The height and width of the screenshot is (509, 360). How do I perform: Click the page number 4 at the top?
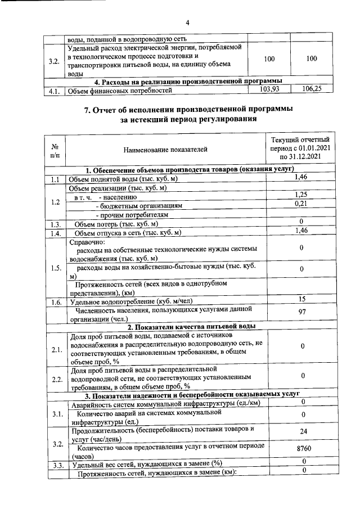click(188, 22)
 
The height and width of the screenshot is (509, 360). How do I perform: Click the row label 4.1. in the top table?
click(55, 91)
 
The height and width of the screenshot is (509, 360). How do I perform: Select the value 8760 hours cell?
click(303, 449)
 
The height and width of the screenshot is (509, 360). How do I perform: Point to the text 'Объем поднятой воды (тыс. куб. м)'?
click(123, 179)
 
